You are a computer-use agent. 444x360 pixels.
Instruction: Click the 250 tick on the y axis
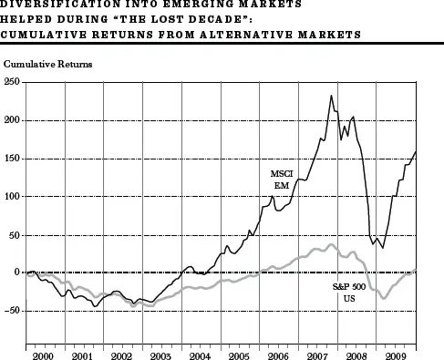12,82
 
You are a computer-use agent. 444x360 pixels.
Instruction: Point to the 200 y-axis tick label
12,120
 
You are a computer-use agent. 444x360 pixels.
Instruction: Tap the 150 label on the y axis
12,159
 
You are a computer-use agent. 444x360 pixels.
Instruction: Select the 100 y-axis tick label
12,197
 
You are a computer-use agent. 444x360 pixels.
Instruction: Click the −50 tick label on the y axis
12,311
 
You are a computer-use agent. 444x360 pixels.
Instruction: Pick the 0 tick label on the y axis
16,273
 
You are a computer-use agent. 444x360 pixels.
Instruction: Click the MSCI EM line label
282,180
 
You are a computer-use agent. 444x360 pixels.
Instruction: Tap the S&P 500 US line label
349,293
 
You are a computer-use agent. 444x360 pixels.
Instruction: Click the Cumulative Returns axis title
47,64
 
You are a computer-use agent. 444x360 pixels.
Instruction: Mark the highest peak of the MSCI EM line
331,96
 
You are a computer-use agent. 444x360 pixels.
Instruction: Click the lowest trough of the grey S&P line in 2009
384,298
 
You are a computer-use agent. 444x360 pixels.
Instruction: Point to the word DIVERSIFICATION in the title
60,5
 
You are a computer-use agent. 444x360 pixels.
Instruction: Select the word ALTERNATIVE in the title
246,35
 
